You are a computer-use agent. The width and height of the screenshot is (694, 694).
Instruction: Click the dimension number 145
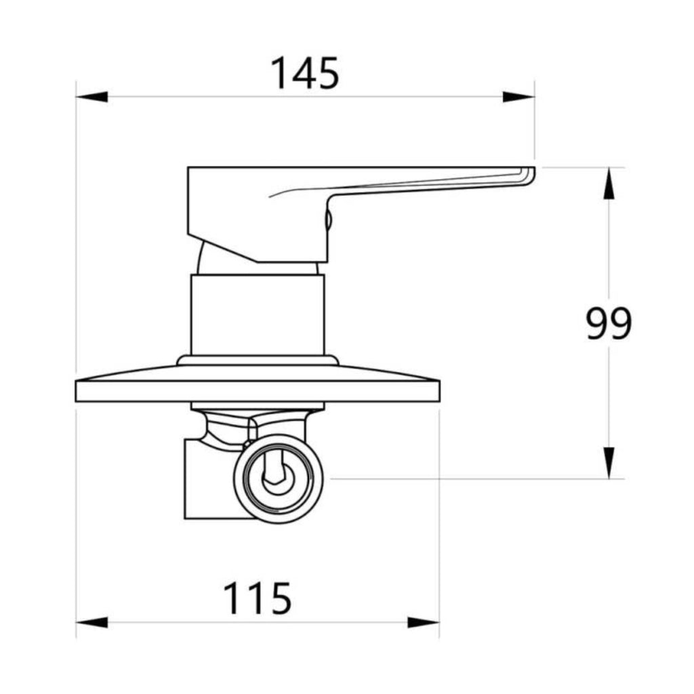pyautogui.click(x=305, y=73)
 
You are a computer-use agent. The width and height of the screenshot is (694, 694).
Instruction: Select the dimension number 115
pyautogui.click(x=258, y=598)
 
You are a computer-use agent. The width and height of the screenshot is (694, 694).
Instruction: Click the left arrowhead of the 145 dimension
pyautogui.click(x=92, y=96)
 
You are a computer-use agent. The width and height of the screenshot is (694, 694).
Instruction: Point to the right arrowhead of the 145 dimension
pyautogui.click(x=518, y=96)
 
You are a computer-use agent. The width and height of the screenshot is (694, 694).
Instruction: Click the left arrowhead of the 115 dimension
pyautogui.click(x=92, y=622)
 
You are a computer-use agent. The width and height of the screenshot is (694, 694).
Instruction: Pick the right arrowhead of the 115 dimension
pyautogui.click(x=423, y=622)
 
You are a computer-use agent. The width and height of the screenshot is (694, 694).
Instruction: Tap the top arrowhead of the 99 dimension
pyautogui.click(x=609, y=184)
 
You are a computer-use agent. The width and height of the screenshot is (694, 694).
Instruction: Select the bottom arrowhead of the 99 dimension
pyautogui.click(x=609, y=462)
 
